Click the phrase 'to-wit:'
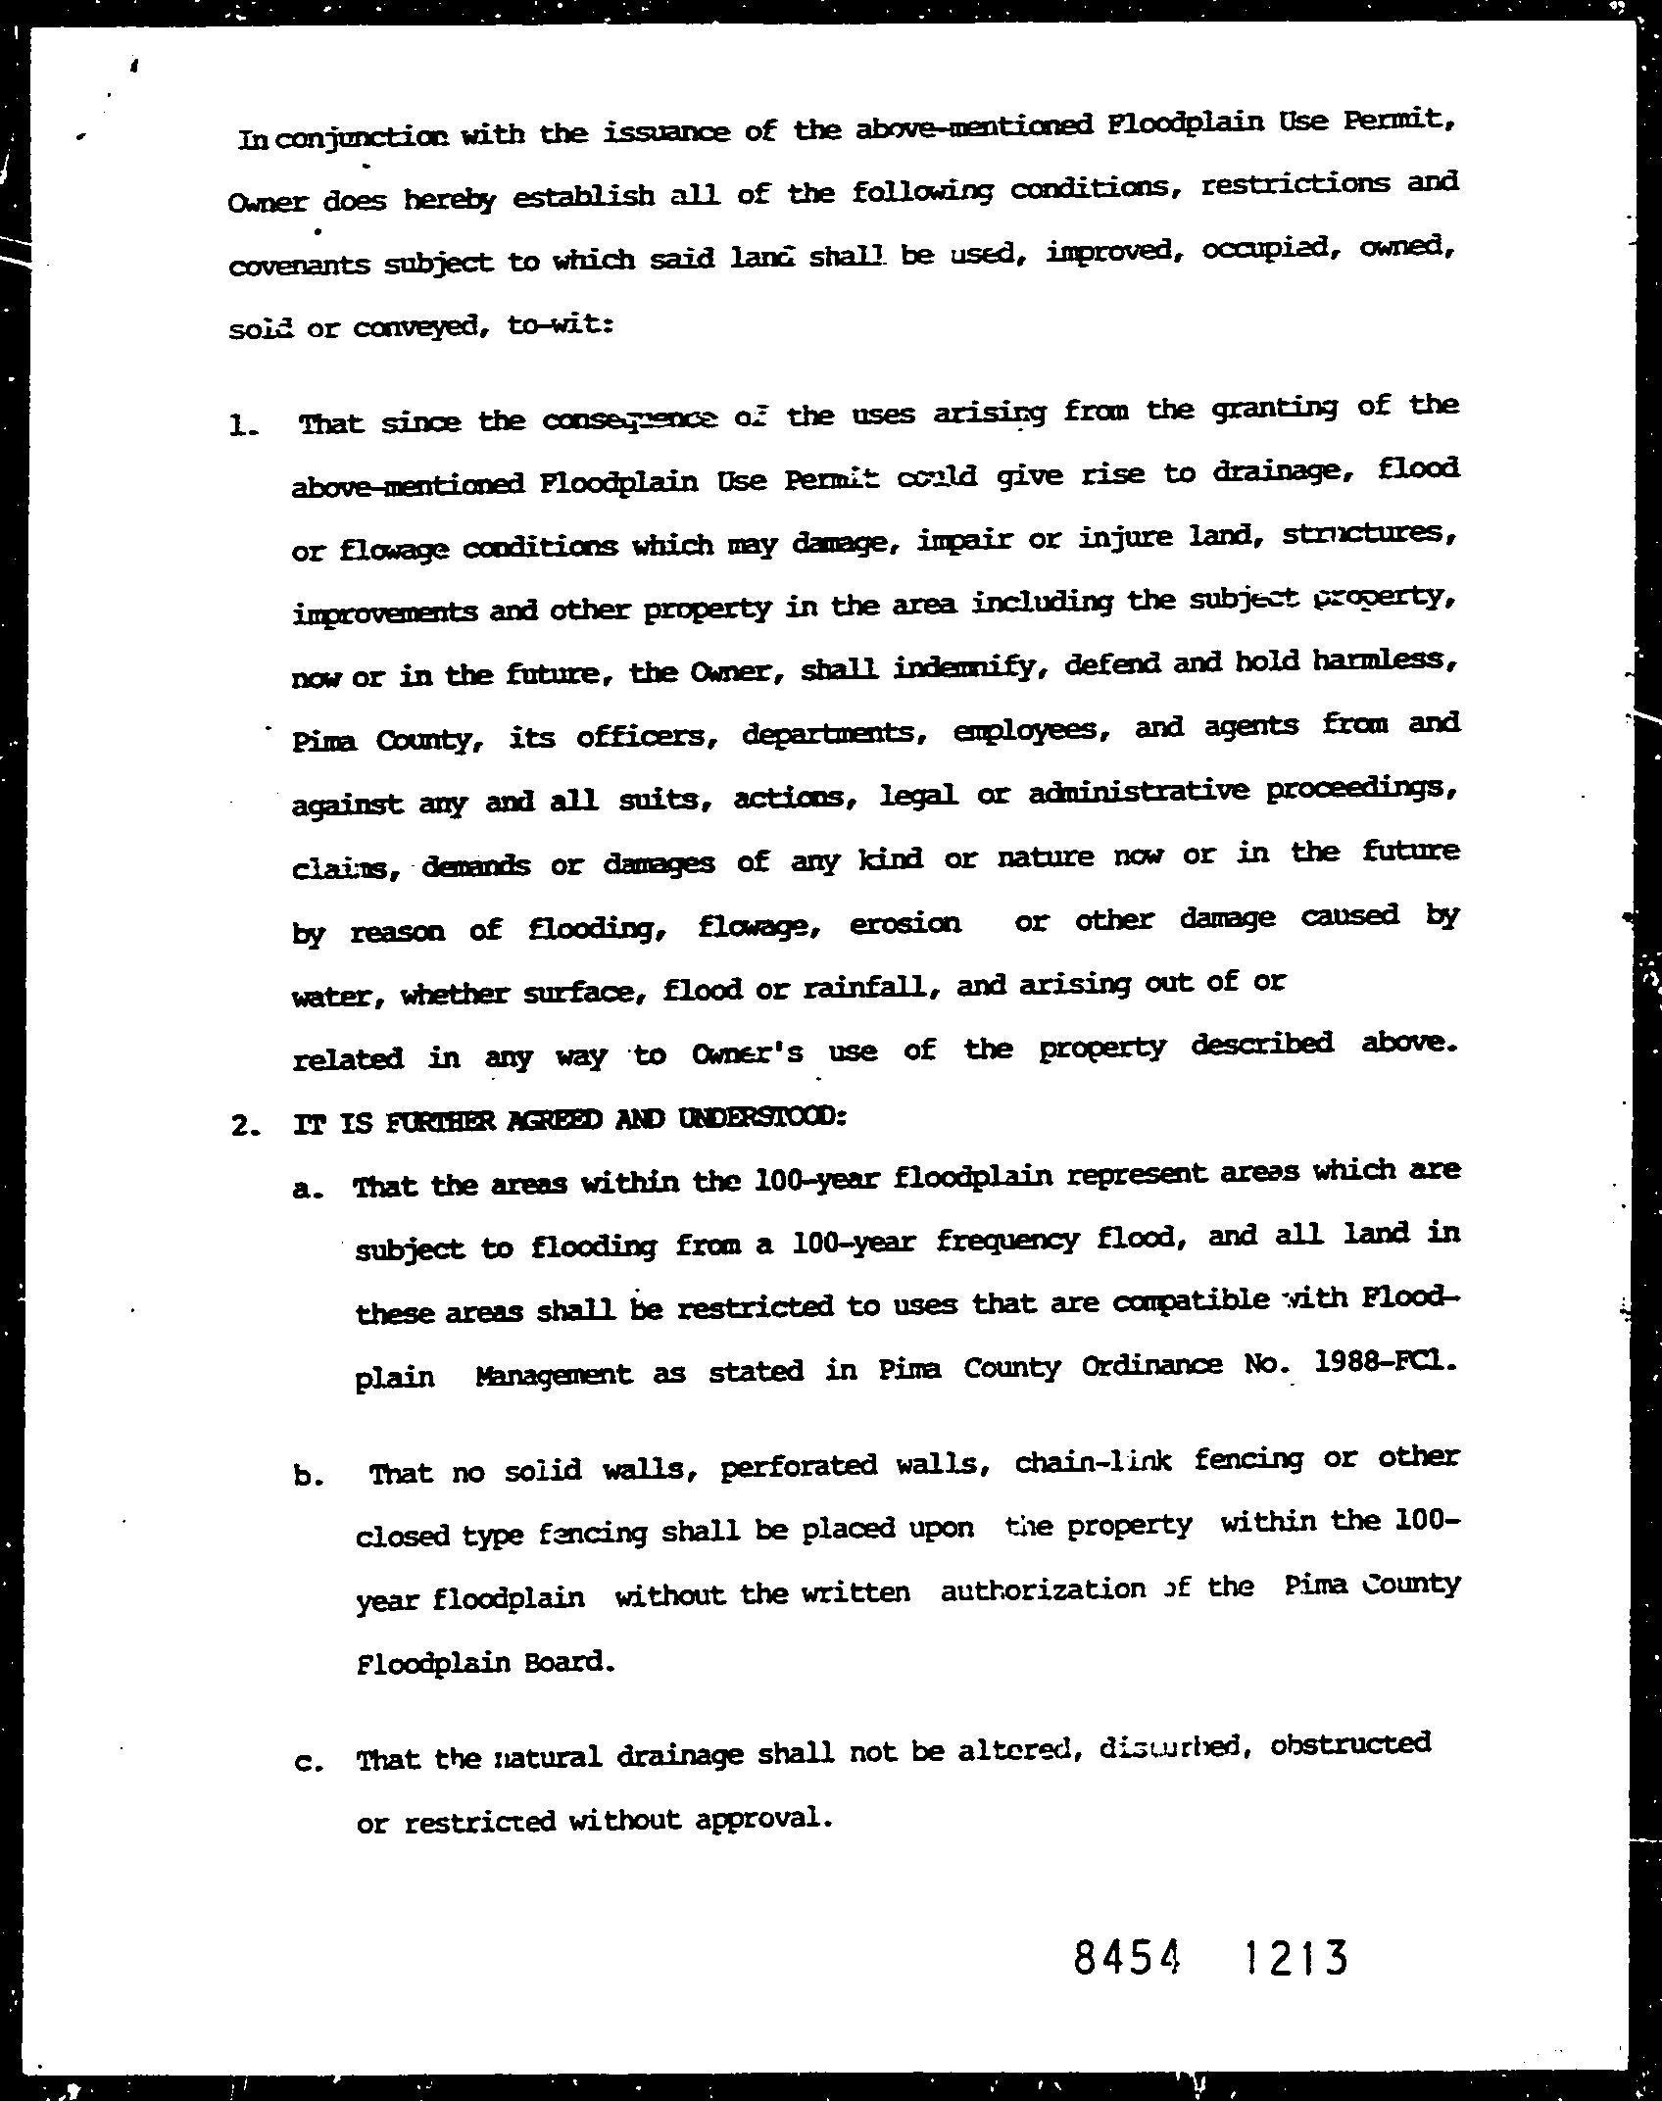(x=561, y=326)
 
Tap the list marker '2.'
(x=246, y=1126)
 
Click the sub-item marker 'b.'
(x=307, y=1477)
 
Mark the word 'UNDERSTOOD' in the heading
(x=758, y=1118)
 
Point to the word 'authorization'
(x=1043, y=1590)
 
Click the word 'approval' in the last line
(x=764, y=1819)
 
